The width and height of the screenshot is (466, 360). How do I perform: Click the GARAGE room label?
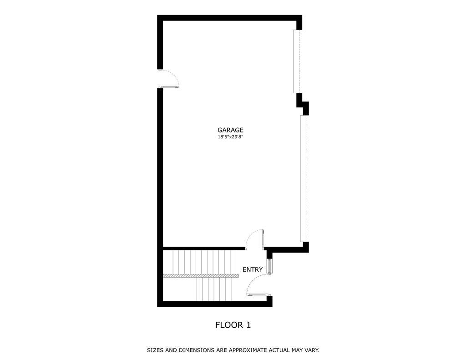(x=230, y=130)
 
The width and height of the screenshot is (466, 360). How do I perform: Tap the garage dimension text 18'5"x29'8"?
(x=230, y=137)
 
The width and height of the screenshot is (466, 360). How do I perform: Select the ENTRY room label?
(x=253, y=269)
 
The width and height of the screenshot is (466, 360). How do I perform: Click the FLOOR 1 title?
(x=233, y=325)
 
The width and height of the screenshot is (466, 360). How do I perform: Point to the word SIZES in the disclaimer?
(x=156, y=350)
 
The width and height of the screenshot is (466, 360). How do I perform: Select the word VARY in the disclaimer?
(x=311, y=350)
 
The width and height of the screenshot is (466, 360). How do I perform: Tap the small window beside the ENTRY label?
(x=270, y=266)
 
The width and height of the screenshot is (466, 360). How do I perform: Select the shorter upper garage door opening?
(x=297, y=61)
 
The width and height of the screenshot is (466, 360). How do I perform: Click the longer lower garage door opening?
(x=303, y=178)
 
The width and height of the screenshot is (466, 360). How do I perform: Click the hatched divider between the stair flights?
(x=201, y=276)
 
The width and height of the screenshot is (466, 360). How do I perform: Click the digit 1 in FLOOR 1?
(x=248, y=325)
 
